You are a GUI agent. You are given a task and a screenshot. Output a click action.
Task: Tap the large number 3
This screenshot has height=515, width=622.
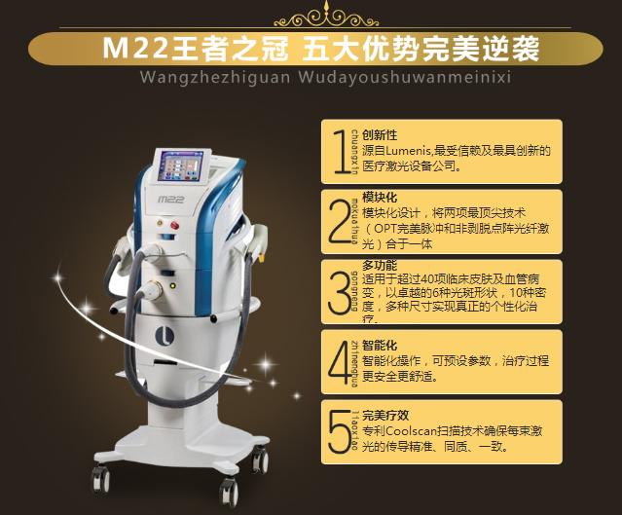pyautogui.click(x=339, y=289)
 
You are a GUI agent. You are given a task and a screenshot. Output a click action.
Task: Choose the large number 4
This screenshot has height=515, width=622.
pyautogui.click(x=339, y=359)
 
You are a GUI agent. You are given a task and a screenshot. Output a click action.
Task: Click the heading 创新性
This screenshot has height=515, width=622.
pyautogui.click(x=378, y=135)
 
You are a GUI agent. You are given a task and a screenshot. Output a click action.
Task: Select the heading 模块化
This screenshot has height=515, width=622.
pyautogui.click(x=378, y=197)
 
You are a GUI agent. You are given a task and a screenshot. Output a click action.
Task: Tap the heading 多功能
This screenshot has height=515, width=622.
pyautogui.click(x=378, y=265)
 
